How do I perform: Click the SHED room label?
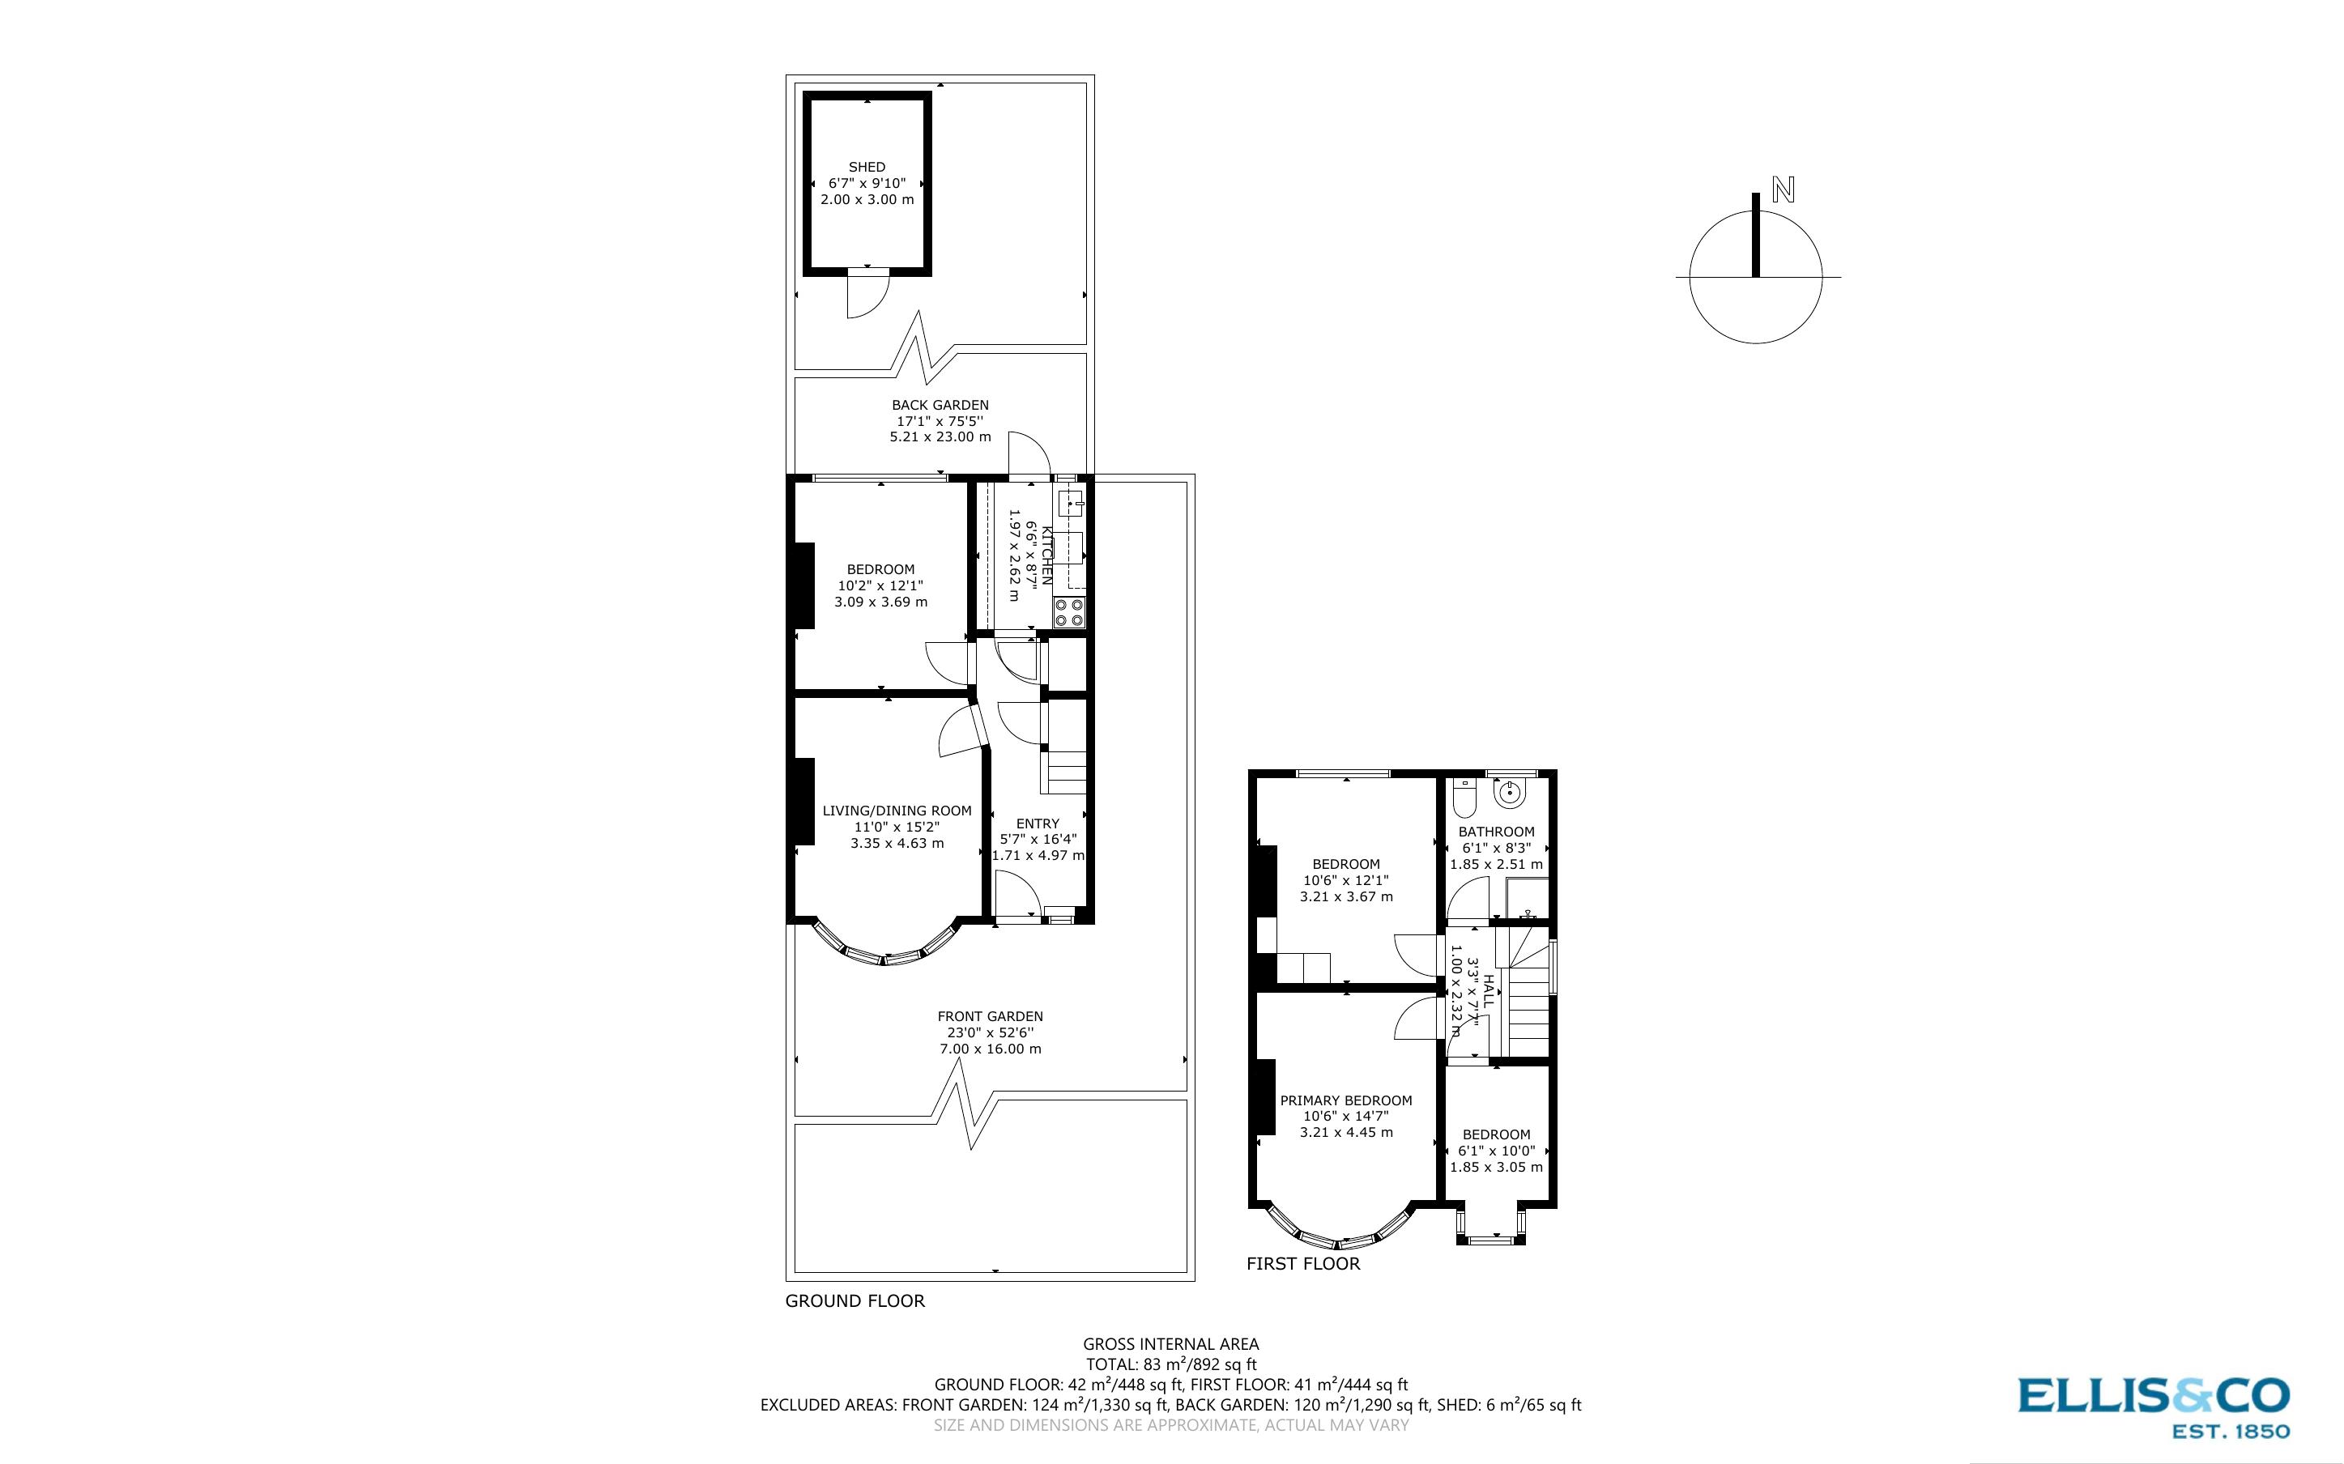click(867, 168)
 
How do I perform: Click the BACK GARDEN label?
click(940, 405)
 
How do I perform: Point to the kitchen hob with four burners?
click(1069, 613)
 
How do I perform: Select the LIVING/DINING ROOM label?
click(897, 811)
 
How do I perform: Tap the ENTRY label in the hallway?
click(1038, 823)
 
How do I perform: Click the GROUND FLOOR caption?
click(855, 1301)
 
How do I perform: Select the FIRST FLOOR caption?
click(1302, 1263)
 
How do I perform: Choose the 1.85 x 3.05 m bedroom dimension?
click(1496, 1167)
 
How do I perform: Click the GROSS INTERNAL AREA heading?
click(1170, 1344)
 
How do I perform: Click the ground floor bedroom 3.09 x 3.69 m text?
click(880, 602)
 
